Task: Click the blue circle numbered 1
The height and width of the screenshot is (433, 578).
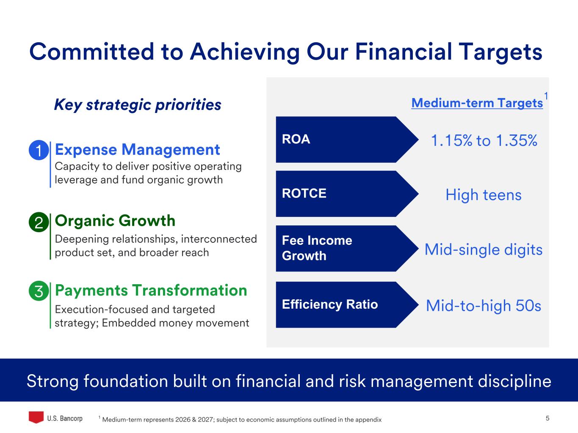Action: pos(39,150)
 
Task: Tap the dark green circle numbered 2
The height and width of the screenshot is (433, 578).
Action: pos(39,222)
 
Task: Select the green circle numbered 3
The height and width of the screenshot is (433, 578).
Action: pos(39,291)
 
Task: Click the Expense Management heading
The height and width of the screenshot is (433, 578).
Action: pos(137,150)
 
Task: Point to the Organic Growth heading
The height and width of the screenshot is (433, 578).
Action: pos(115,221)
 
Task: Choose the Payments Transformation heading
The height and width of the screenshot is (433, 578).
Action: pos(151,291)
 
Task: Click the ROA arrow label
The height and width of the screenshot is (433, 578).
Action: pos(296,139)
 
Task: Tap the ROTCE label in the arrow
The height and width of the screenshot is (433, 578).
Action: pos(304,193)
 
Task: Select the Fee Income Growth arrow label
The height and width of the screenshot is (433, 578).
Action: pos(317,248)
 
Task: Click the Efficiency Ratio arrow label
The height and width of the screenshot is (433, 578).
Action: pos(330,304)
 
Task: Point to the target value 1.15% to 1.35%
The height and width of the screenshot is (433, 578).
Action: pos(484,140)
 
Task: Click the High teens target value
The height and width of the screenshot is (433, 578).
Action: pos(484,195)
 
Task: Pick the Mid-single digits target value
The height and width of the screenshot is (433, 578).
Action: pos(484,249)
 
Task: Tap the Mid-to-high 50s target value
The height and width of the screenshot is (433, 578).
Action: pos(484,306)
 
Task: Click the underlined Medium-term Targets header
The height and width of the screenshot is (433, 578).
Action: pos(477,103)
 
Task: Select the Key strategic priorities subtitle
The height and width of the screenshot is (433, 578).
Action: pos(138,105)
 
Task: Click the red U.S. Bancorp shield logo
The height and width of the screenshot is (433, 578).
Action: pos(36,417)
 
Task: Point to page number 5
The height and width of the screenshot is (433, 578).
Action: pos(548,418)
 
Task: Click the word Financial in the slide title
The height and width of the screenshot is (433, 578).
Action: pos(404,52)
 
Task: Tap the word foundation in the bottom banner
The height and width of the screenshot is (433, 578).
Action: pos(126,381)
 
